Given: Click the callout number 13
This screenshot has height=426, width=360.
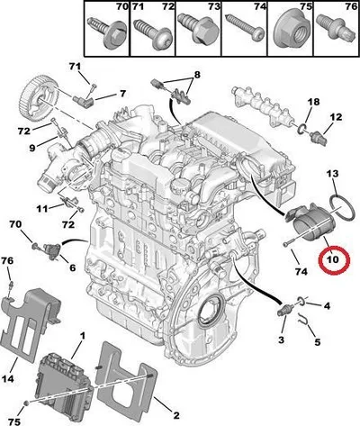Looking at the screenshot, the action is pyautogui.click(x=332, y=174).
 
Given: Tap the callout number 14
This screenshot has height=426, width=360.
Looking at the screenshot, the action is pyautogui.click(x=8, y=379).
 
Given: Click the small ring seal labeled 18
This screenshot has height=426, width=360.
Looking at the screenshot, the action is pyautogui.click(x=302, y=129).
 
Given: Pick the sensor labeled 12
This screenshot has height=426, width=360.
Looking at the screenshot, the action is pyautogui.click(x=319, y=137).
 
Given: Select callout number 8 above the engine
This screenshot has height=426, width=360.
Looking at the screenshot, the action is pyautogui.click(x=196, y=75).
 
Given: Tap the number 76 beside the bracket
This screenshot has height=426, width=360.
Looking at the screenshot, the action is pyautogui.click(x=7, y=261).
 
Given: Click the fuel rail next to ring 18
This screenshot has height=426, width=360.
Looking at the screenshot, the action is pyautogui.click(x=261, y=104).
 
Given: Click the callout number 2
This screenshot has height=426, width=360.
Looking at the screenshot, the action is pyautogui.click(x=176, y=415).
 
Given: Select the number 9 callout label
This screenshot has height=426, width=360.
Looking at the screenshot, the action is pyautogui.click(x=31, y=148).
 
